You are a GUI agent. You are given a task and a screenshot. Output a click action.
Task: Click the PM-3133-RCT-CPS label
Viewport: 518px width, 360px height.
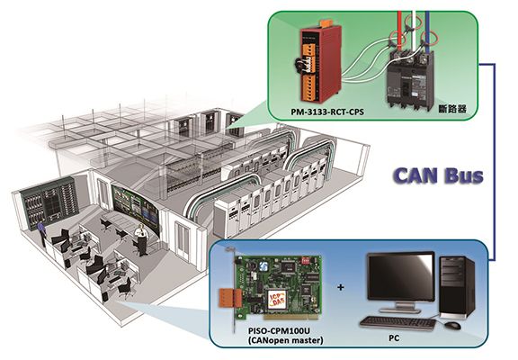coord(327,112)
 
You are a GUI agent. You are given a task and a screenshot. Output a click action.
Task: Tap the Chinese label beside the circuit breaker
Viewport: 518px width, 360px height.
coord(452,109)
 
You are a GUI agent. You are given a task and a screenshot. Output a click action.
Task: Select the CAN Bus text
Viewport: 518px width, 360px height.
coord(439,175)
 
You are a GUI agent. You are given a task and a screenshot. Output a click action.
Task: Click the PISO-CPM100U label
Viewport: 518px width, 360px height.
coord(280,331)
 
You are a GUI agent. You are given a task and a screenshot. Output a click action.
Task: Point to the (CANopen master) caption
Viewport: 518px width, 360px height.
coord(285,340)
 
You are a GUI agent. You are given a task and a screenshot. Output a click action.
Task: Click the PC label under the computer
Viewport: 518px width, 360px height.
coord(394,337)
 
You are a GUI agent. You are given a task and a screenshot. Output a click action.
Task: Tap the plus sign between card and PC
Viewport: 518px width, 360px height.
coord(341,287)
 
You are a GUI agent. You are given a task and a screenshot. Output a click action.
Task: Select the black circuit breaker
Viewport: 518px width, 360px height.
coord(410,80)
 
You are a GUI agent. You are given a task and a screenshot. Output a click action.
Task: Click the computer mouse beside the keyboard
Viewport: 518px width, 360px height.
coord(453,325)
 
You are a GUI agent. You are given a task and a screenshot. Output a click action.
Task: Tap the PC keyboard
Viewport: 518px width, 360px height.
coord(398,322)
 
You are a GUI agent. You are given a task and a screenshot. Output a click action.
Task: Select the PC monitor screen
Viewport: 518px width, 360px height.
coord(401,276)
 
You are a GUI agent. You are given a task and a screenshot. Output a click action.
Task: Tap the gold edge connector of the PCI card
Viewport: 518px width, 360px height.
coord(291,318)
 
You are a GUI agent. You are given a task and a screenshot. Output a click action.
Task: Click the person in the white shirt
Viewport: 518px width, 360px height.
coord(142,239)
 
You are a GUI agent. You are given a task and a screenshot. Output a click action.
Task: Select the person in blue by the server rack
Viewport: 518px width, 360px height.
coord(41,234)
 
